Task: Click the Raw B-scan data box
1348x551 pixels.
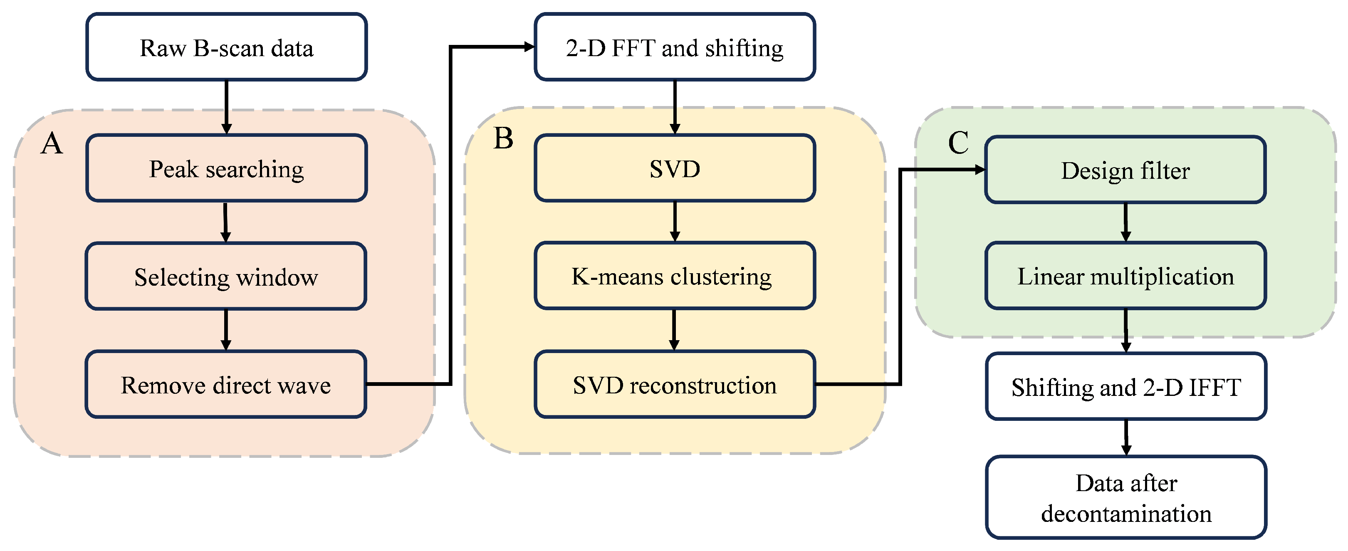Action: [226, 47]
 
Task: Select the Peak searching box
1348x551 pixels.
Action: [226, 168]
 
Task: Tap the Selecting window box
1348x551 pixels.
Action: [226, 276]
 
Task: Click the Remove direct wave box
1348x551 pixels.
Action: [226, 385]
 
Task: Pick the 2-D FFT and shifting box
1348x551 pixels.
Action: [675, 47]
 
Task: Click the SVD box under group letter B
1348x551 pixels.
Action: [675, 168]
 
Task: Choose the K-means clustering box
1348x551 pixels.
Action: [675, 276]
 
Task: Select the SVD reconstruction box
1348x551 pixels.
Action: [675, 385]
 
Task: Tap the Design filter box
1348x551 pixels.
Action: [1125, 170]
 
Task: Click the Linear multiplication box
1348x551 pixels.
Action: [1125, 276]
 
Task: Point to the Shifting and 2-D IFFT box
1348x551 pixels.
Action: [1125, 387]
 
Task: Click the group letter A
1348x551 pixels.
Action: [52, 143]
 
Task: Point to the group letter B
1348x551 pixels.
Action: [503, 138]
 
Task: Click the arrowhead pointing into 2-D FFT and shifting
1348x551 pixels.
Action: [529, 47]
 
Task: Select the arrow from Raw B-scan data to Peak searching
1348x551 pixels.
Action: [226, 107]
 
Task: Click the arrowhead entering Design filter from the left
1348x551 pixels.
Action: [979, 170]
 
